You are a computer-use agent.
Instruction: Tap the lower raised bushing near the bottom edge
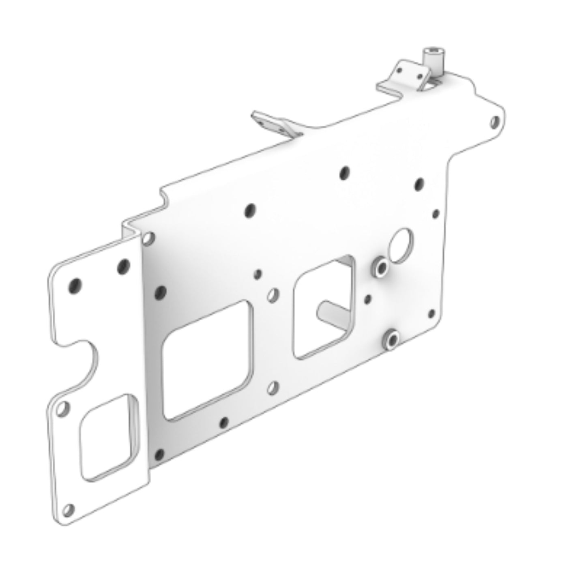point(391,339)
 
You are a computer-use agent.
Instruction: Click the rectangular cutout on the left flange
point(108,436)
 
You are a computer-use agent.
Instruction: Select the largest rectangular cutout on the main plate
point(207,361)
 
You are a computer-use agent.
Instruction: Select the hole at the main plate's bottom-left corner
point(159,454)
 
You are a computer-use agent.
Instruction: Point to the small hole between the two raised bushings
point(368,299)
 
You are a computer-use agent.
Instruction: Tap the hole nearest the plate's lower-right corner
point(431,313)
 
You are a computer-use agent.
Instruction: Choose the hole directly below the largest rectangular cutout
point(223,423)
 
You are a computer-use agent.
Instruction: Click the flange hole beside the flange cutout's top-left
point(63,408)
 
